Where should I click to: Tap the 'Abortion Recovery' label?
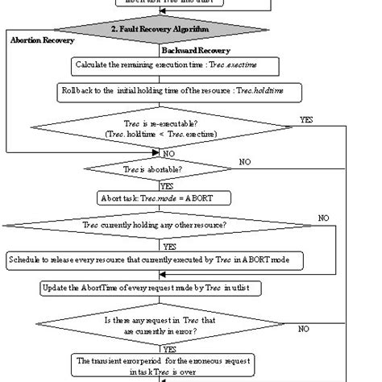pos(42,39)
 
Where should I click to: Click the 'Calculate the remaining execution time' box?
pos(176,64)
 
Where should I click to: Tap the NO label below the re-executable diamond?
pos(168,152)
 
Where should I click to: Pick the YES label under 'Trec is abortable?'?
pos(170,184)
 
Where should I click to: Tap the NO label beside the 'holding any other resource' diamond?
pos(323,218)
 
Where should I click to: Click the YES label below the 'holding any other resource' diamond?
pos(170,247)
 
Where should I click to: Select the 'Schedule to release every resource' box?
pos(155,260)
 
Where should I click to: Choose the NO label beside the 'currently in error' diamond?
pos(304,329)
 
